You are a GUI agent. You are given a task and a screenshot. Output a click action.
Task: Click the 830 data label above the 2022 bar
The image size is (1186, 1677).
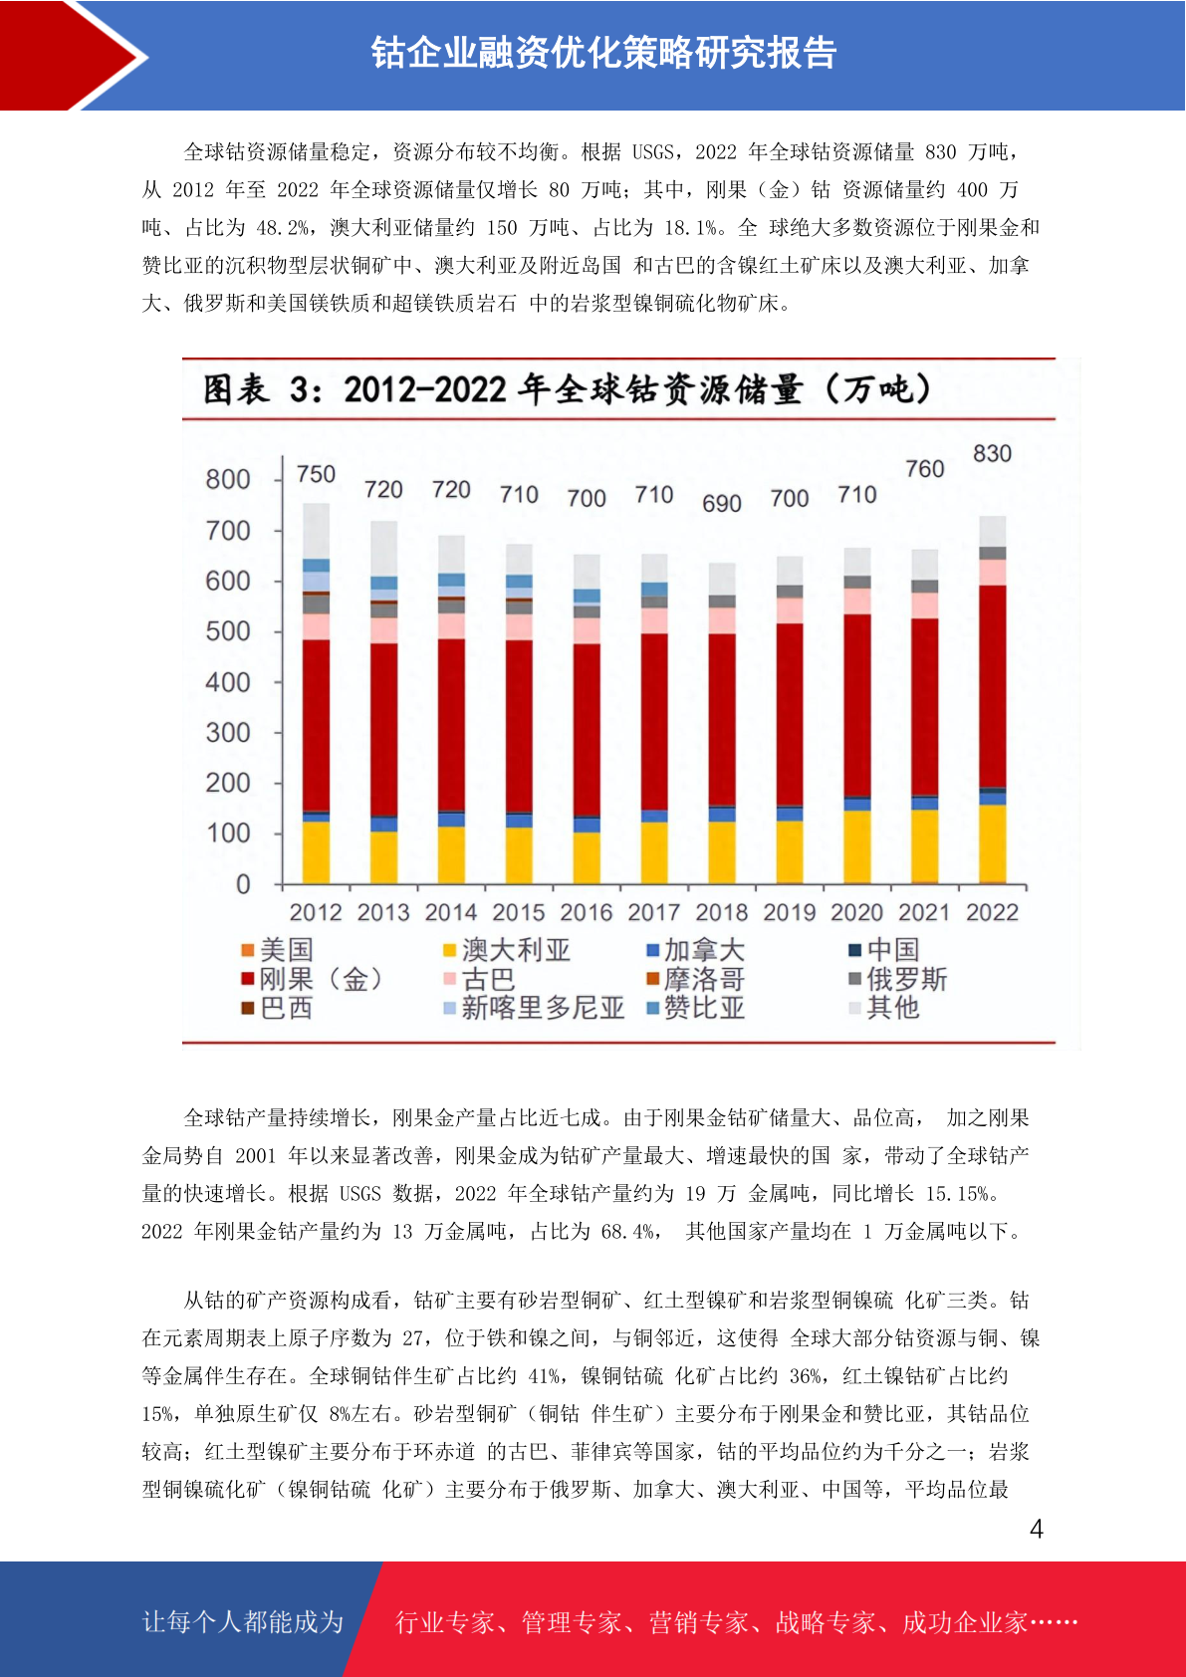click(x=992, y=454)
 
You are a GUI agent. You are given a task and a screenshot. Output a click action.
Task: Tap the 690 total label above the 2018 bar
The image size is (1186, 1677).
click(x=721, y=504)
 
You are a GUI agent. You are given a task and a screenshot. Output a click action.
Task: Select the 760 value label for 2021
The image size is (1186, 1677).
click(x=925, y=469)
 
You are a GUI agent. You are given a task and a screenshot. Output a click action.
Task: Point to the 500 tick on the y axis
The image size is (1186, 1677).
click(x=228, y=632)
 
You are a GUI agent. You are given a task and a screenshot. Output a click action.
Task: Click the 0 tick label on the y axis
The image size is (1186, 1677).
click(x=243, y=885)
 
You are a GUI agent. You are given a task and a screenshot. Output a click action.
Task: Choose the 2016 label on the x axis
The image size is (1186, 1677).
click(x=587, y=912)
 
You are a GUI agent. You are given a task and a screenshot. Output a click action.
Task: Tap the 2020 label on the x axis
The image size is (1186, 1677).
click(x=856, y=912)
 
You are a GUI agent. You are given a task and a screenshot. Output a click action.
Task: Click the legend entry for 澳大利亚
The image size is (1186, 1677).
click(x=507, y=950)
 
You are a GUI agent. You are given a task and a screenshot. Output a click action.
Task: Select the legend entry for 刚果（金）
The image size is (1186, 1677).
click(x=313, y=979)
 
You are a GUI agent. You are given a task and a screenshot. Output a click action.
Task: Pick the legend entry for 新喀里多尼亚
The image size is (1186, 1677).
click(x=534, y=1008)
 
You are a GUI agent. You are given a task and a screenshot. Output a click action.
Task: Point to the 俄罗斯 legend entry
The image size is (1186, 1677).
click(x=898, y=979)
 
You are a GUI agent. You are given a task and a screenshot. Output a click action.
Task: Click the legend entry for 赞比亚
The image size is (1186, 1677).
click(x=696, y=1008)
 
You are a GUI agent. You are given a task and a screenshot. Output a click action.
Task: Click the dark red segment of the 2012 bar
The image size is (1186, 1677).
click(x=316, y=725)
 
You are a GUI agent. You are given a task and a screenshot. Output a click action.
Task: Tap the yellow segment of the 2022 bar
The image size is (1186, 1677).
click(x=993, y=844)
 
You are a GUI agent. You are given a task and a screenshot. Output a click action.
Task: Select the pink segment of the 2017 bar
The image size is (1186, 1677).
click(x=654, y=620)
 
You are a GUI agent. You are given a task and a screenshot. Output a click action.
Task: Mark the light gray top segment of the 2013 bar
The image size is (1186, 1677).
click(x=384, y=549)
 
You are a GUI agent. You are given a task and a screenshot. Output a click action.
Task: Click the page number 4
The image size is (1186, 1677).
click(x=1037, y=1529)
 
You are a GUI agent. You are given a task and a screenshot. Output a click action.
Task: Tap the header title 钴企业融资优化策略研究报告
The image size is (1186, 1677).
click(x=603, y=53)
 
